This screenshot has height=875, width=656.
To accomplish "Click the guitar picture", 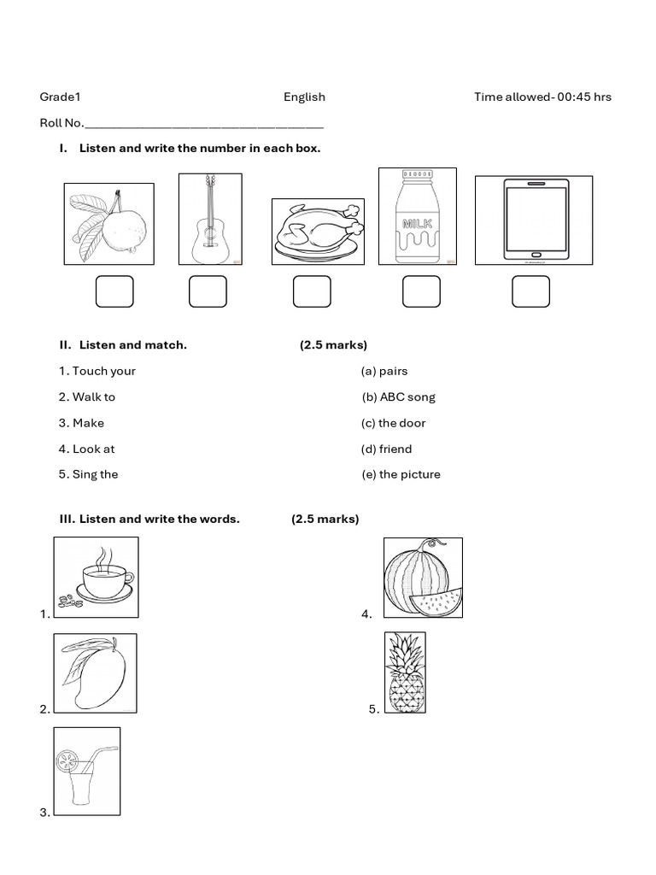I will pyautogui.click(x=210, y=219).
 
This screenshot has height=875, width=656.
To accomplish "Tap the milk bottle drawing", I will pyautogui.click(x=417, y=217).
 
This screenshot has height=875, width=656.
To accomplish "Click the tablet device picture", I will pyautogui.click(x=534, y=220).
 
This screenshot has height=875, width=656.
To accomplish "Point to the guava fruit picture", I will pyautogui.click(x=109, y=224).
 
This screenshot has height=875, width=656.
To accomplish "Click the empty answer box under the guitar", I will pyautogui.click(x=208, y=291).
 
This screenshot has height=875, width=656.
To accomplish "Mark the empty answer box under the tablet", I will pyautogui.click(x=530, y=291).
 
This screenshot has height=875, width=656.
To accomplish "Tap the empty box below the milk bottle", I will pyautogui.click(x=421, y=291).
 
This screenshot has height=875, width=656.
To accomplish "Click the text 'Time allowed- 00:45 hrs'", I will pyautogui.click(x=542, y=97).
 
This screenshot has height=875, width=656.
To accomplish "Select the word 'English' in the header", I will pyautogui.click(x=304, y=97).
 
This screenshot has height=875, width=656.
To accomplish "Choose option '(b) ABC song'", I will pyautogui.click(x=398, y=397).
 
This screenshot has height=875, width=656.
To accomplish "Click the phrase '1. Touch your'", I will pyautogui.click(x=97, y=371).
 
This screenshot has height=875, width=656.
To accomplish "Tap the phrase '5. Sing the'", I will pyautogui.click(x=89, y=474).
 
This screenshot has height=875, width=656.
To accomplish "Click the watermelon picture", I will pyautogui.click(x=423, y=578).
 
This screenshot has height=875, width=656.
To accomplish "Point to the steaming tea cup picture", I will pyautogui.click(x=96, y=577).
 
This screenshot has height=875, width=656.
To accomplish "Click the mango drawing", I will pyautogui.click(x=95, y=673).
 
